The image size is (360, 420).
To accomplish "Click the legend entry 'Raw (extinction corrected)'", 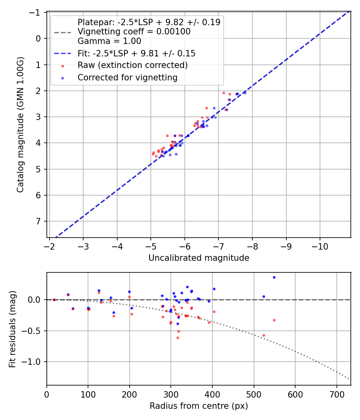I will [x=132, y=65].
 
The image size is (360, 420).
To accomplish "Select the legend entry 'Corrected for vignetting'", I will [x=128, y=78].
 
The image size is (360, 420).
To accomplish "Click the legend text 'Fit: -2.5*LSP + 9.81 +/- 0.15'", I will [x=136, y=53].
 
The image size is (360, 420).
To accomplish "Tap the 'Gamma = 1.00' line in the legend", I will [x=109, y=41].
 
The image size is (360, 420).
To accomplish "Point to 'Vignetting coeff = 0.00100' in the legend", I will [x=134, y=32].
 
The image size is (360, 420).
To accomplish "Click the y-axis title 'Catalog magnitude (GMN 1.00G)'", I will [x=20, y=124].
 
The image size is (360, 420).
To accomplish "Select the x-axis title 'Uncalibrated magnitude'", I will [x=199, y=258].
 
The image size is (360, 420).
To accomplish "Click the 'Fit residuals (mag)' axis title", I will [x=13, y=329].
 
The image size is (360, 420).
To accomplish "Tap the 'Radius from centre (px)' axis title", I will [x=199, y=406].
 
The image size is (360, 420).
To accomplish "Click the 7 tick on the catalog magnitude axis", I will [x=39, y=221].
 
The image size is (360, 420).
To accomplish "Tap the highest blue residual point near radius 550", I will [x=274, y=277].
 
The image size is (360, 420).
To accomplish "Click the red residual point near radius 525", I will [x=264, y=335].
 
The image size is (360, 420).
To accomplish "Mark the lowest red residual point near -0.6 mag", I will [x=178, y=338].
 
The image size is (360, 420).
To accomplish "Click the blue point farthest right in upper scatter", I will [x=244, y=92].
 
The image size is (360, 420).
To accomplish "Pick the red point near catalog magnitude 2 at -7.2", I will [x=224, y=93].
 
